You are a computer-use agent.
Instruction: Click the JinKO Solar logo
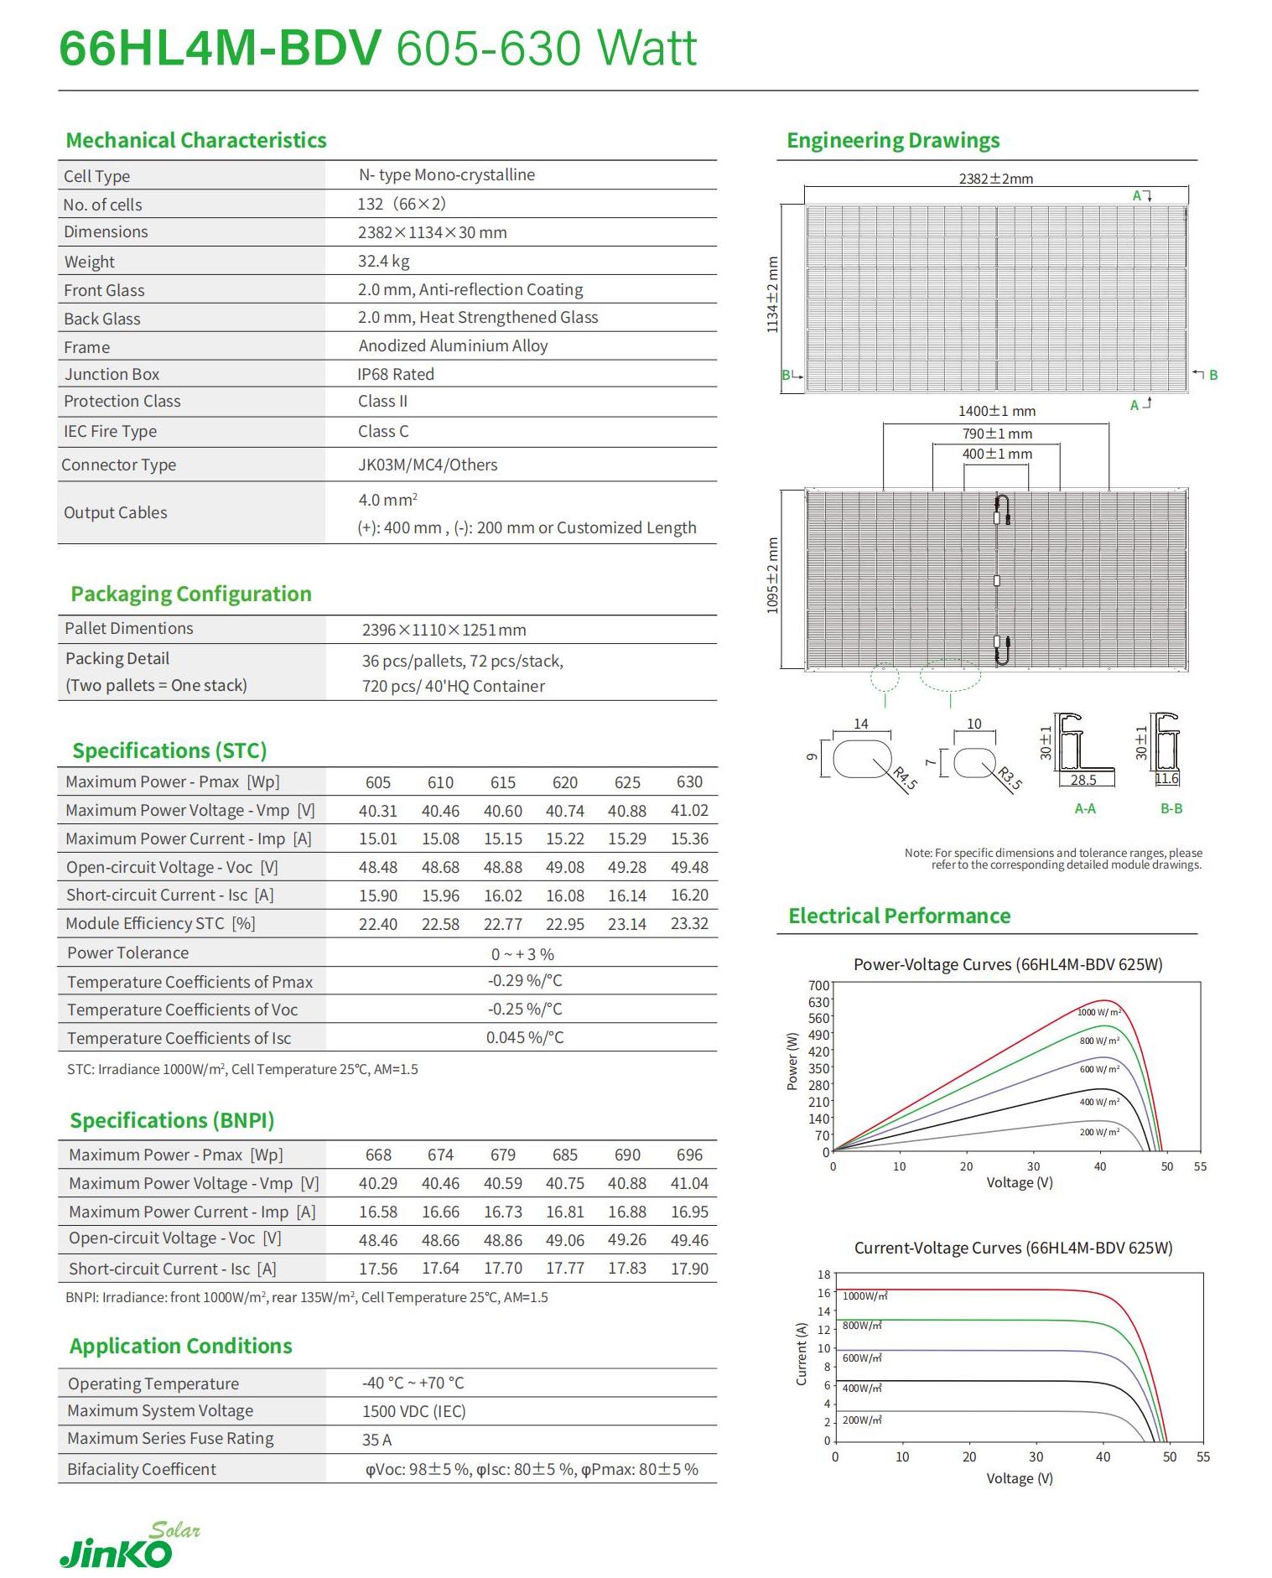129,1545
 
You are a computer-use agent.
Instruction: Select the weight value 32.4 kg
383,261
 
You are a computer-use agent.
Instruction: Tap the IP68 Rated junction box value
396,374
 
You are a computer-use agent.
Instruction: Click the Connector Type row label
118,465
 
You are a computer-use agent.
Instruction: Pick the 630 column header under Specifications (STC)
689,781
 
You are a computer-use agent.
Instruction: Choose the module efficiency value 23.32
689,923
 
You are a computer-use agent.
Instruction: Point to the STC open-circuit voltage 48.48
378,867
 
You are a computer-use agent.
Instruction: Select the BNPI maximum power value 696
689,1155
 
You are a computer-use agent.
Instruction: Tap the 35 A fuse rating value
376,1440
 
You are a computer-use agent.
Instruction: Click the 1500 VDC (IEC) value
413,1411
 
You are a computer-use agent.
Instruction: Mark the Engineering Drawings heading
893,140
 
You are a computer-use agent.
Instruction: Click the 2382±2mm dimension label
995,179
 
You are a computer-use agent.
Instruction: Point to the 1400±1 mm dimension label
997,411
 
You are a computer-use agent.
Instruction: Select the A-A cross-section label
1085,808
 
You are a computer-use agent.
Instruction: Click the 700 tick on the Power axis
818,985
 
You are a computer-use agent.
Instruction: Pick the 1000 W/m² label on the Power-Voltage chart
1098,1013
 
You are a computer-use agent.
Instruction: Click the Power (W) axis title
792,1061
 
